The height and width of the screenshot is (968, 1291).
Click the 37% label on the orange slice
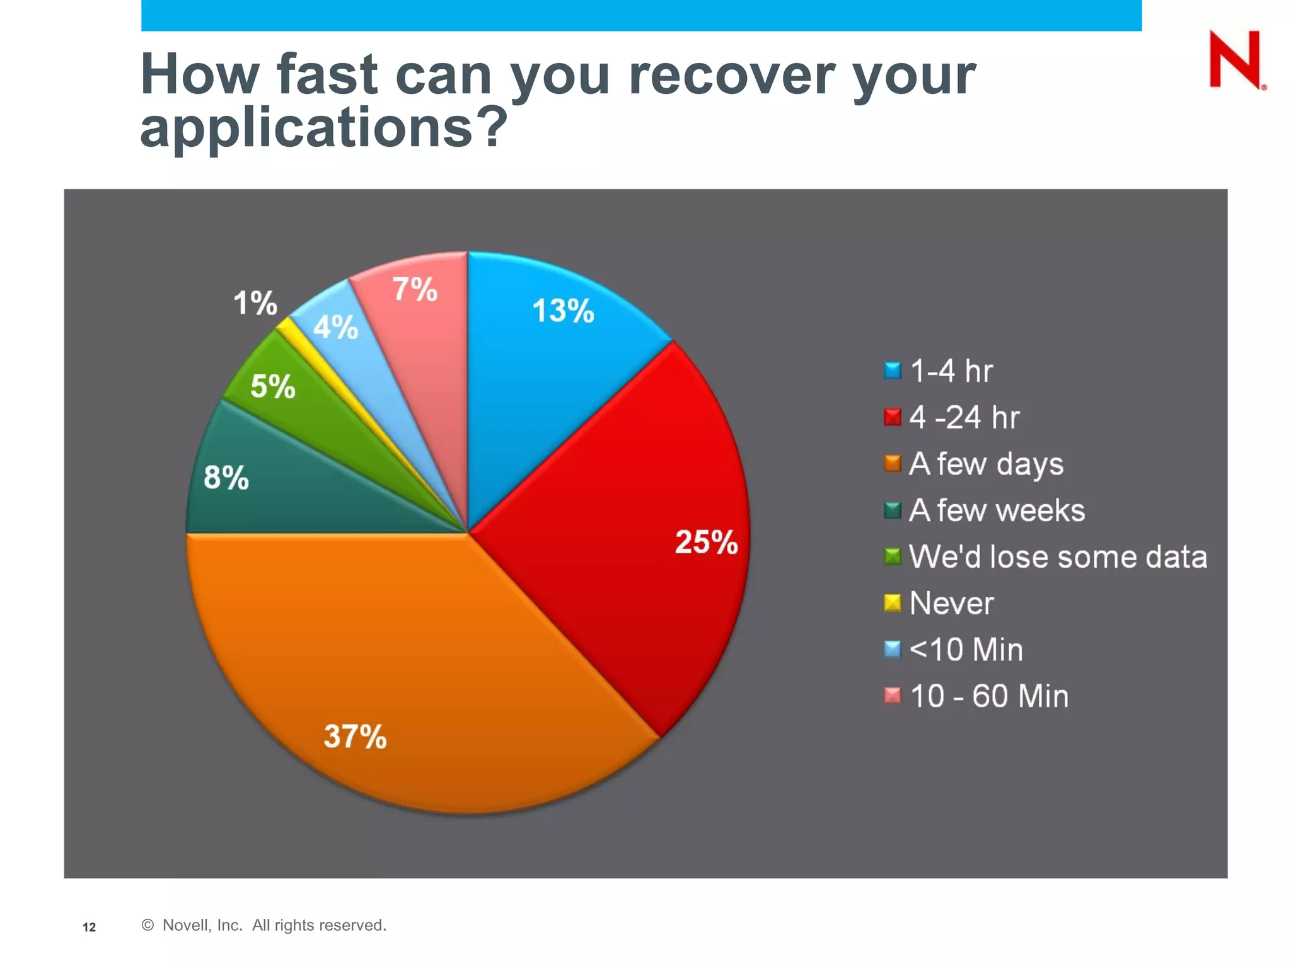click(x=355, y=736)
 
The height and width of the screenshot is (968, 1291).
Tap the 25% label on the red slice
click(x=706, y=542)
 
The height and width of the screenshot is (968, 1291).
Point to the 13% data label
click(x=563, y=311)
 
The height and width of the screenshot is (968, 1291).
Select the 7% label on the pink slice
click(x=414, y=290)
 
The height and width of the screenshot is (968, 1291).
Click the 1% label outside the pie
click(x=255, y=303)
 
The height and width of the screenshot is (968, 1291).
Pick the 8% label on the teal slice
click(x=226, y=477)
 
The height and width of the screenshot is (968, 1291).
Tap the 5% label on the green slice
click(x=272, y=386)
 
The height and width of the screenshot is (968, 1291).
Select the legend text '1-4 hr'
click(x=951, y=371)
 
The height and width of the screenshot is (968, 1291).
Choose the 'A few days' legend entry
click(x=986, y=464)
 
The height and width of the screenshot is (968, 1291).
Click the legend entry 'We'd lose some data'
click(x=1058, y=557)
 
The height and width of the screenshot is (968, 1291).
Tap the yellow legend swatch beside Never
click(x=893, y=603)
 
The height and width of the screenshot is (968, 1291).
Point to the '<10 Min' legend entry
click(x=966, y=650)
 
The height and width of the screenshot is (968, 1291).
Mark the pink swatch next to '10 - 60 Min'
click(x=893, y=696)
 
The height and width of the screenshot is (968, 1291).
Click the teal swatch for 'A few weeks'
click(x=893, y=510)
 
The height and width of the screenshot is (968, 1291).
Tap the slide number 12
click(x=90, y=927)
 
